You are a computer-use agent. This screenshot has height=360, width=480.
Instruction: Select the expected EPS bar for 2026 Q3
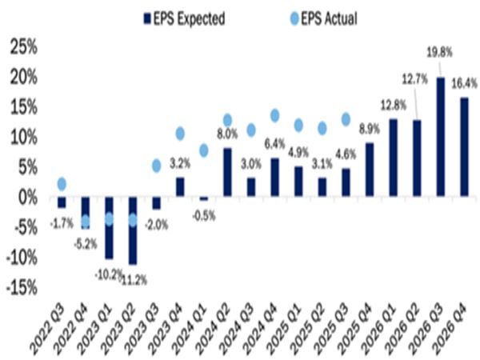pos(440,137)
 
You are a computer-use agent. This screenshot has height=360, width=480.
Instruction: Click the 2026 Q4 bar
pos(464,146)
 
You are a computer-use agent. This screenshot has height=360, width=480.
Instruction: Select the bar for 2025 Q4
pos(369,170)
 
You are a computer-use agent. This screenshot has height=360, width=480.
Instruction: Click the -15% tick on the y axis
pos(21,287)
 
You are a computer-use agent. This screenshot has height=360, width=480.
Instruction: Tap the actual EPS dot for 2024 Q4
pos(275,116)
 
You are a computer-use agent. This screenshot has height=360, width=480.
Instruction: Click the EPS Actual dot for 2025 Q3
pos(346,119)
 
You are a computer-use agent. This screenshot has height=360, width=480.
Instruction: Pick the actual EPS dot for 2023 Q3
pos(157,166)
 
